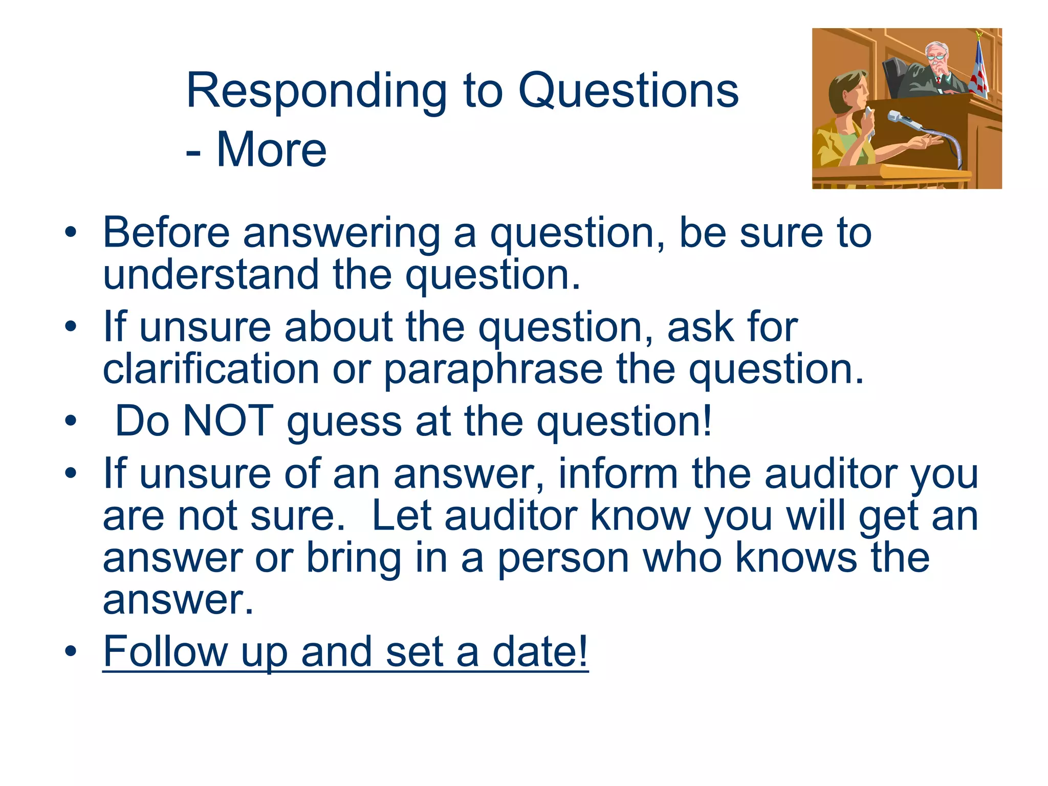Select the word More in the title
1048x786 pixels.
point(271,150)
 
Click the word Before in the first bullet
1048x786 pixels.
point(166,233)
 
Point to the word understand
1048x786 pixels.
point(211,275)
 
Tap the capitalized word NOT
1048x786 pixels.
point(228,421)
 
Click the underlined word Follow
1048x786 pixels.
point(165,651)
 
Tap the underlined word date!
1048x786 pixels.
point(540,651)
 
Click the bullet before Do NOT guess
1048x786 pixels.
point(71,421)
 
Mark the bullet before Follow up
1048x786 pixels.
point(71,652)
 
